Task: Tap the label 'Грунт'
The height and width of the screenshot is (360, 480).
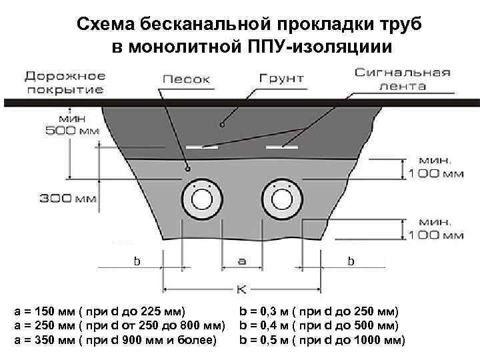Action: (x=281, y=78)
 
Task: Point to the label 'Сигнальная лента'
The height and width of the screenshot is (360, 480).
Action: (x=402, y=79)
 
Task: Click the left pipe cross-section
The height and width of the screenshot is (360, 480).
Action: (x=202, y=199)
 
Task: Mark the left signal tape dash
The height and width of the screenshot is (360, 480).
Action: (x=202, y=146)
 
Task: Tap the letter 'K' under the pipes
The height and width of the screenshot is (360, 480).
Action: (x=243, y=289)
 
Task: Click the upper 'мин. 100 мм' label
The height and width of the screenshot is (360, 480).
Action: (x=435, y=167)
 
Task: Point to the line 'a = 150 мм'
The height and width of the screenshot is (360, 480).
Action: (x=100, y=311)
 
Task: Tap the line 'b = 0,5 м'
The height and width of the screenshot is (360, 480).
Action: (x=322, y=341)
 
